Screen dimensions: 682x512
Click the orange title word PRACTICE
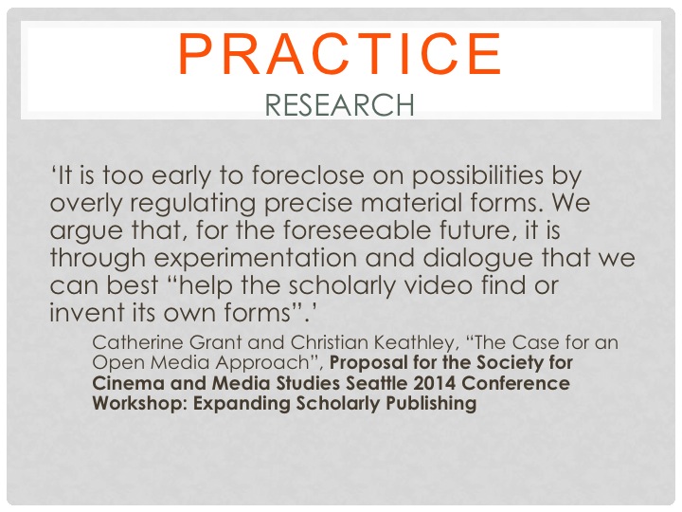[x=340, y=54]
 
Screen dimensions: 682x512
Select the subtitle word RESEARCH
[x=339, y=105]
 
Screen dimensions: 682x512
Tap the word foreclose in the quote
[x=308, y=175]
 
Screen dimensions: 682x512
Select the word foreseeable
[x=356, y=229]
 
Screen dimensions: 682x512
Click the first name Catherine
[x=137, y=342]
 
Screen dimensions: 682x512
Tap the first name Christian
[x=330, y=342]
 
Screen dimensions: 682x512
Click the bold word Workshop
[x=139, y=404]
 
